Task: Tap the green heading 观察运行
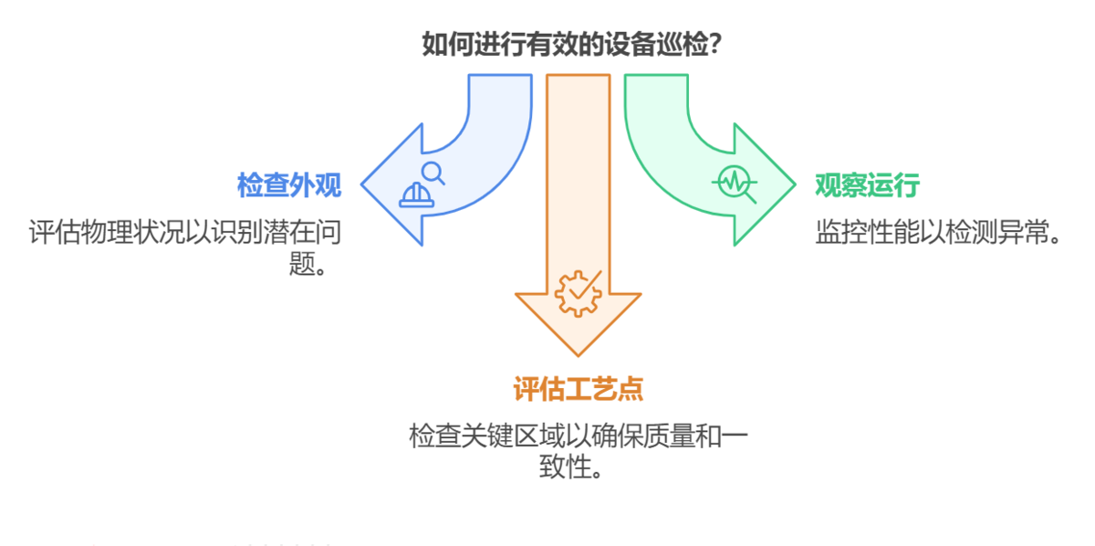866,185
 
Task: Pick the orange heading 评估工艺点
578,389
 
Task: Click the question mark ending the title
716,44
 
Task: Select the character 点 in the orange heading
631,389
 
